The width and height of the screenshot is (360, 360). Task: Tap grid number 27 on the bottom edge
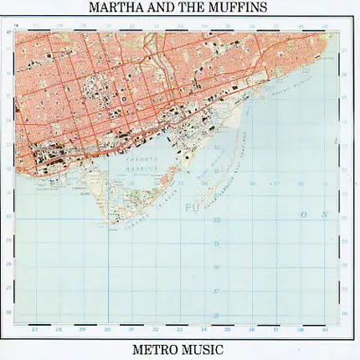coord(35,330)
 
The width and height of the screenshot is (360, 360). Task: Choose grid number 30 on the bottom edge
coord(107,330)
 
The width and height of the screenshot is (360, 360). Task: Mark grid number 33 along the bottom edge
coord(179,330)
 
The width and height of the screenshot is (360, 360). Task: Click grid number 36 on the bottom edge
coord(251,330)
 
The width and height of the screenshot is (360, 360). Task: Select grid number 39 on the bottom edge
coord(323,330)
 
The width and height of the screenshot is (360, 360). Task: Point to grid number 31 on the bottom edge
coord(131,330)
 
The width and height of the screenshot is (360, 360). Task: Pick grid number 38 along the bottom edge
coord(300,330)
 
